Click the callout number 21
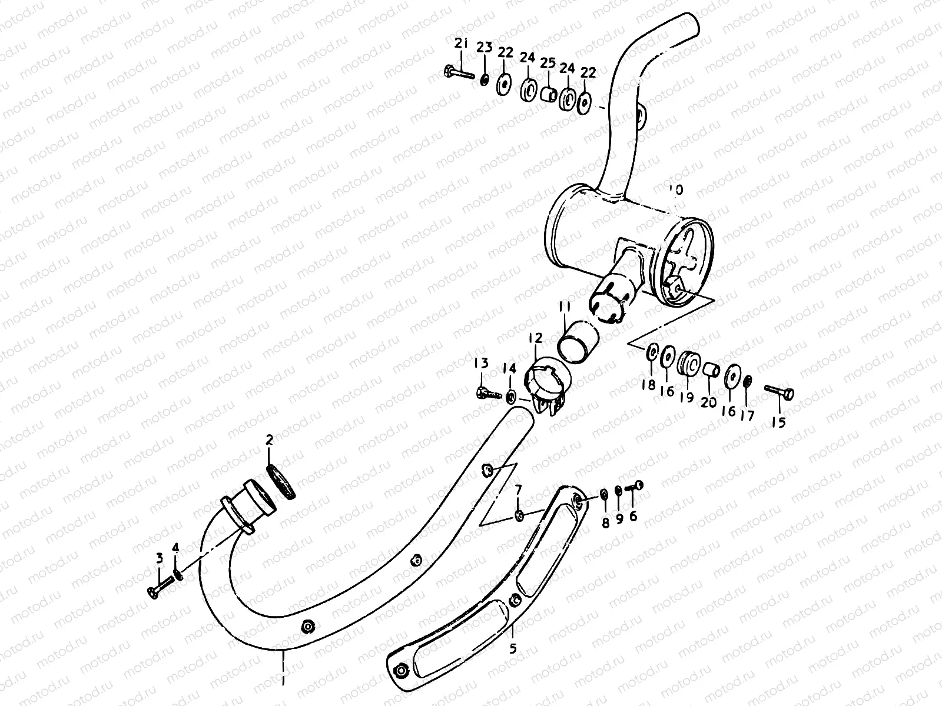(x=461, y=42)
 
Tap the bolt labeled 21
(x=459, y=75)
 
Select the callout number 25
(x=548, y=63)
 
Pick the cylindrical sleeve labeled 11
(x=578, y=341)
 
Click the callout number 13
(x=482, y=363)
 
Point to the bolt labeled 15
(x=780, y=391)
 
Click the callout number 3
(x=158, y=558)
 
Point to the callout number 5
(x=513, y=649)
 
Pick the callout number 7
(x=518, y=489)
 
